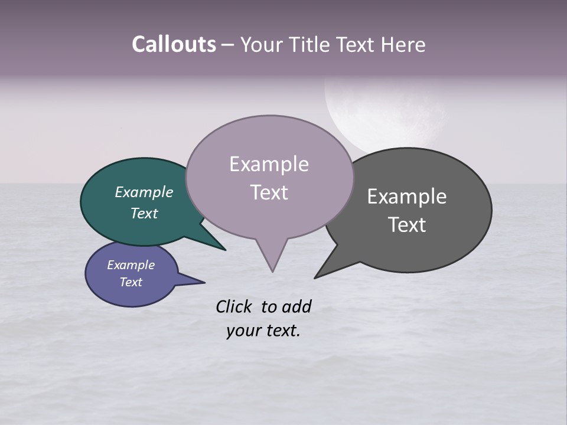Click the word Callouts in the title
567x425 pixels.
click(174, 44)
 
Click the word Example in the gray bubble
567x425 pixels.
click(407, 197)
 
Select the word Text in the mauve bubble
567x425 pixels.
click(269, 192)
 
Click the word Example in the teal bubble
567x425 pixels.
click(144, 192)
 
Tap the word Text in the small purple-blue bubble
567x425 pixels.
click(131, 282)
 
